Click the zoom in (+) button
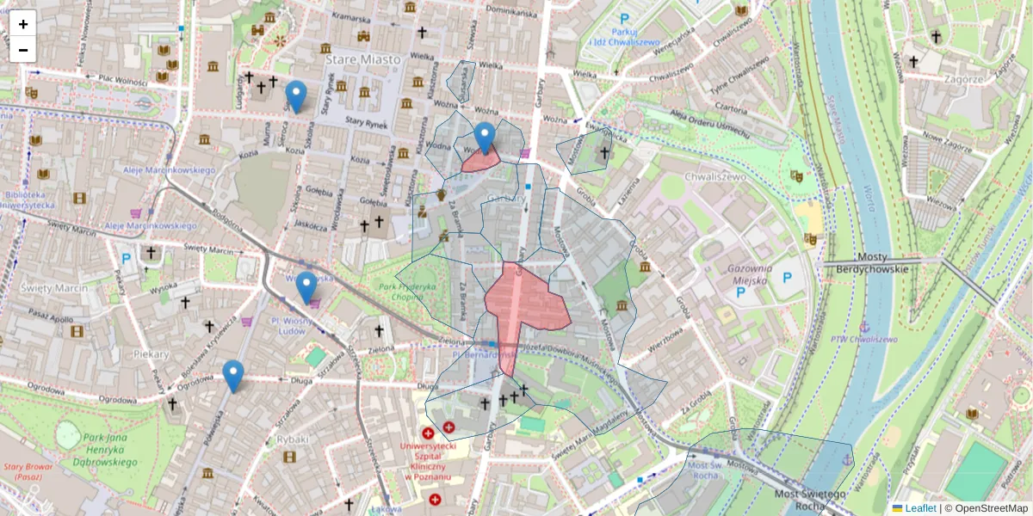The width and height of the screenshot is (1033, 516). pos(23,24)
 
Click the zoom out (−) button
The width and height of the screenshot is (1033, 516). pos(23,50)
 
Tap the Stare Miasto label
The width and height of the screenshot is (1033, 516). pos(362,59)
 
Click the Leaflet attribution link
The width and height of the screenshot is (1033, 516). pos(919,508)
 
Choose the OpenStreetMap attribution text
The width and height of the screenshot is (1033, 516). pos(991,508)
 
